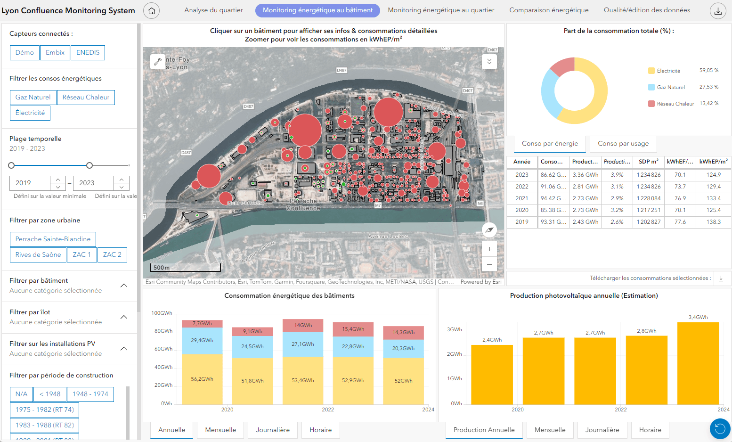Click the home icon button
click(152, 11)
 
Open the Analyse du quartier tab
click(213, 10)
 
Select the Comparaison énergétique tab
click(549, 10)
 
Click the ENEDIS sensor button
click(88, 53)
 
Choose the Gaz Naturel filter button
click(33, 98)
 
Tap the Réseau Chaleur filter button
click(86, 98)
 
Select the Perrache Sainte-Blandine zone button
click(53, 239)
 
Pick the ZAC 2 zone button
click(112, 255)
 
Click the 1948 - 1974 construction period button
click(90, 394)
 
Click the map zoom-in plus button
click(489, 249)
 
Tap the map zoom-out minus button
click(489, 264)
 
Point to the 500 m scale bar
click(186, 268)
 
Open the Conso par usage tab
click(623, 144)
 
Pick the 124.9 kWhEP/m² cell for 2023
click(713, 175)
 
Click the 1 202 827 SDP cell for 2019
click(649, 222)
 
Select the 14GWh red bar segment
click(303, 326)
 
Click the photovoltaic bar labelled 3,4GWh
click(698, 363)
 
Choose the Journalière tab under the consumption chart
click(273, 430)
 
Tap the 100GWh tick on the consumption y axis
click(162, 313)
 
